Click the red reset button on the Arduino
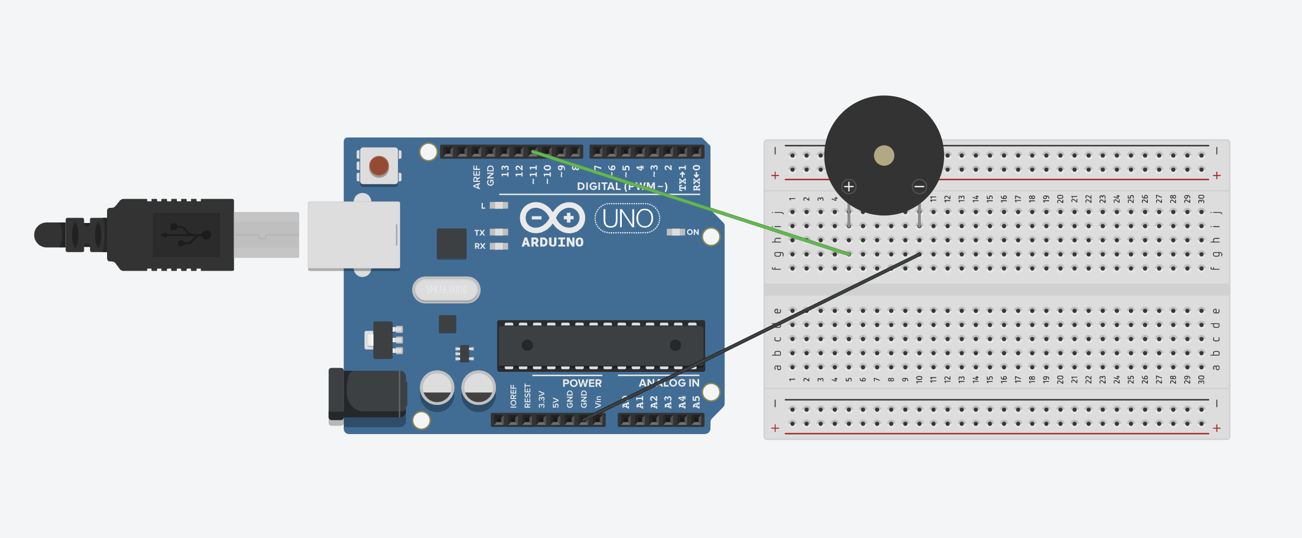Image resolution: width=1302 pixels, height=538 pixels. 378,166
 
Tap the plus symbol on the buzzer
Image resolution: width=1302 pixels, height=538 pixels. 849,187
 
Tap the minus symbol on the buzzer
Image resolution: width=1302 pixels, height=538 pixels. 919,187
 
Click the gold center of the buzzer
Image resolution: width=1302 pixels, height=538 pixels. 884,156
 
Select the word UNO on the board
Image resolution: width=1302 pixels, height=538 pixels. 627,219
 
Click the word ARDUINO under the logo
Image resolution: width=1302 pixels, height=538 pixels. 553,242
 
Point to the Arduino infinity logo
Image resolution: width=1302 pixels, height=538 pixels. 552,218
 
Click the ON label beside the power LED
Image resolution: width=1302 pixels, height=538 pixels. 693,232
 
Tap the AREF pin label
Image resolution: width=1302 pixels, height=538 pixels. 476,177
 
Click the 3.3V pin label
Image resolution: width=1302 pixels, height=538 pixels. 541,399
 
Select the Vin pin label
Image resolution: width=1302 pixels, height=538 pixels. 598,401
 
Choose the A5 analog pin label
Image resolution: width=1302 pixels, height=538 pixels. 696,402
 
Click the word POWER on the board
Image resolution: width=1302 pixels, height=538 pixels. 582,383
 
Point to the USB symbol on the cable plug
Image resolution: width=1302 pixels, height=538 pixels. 186,235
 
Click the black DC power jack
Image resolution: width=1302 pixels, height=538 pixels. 368,395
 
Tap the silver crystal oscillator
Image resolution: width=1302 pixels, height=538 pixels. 446,290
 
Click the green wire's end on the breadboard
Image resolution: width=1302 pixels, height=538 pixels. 849,254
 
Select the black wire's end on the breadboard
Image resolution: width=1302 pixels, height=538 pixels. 919,254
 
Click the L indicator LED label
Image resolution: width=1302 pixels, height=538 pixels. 483,206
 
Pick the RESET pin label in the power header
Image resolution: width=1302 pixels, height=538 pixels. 527,396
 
